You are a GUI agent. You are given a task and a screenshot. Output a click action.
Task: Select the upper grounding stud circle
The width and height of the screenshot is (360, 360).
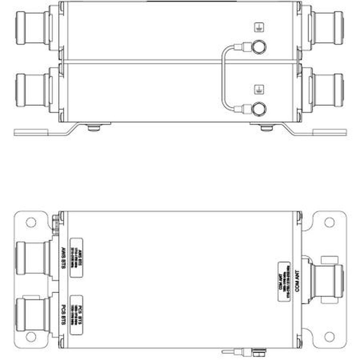[259, 46]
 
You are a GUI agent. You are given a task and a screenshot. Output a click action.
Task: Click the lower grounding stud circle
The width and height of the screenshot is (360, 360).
[259, 109]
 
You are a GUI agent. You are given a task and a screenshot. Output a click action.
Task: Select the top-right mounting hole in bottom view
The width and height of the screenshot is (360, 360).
[329, 222]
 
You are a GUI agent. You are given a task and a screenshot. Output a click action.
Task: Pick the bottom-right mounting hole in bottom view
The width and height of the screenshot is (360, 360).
[329, 337]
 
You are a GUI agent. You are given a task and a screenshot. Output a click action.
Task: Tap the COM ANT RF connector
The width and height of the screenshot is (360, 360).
[326, 280]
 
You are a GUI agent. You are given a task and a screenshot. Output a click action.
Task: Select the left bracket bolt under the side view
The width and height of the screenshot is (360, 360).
[94, 127]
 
